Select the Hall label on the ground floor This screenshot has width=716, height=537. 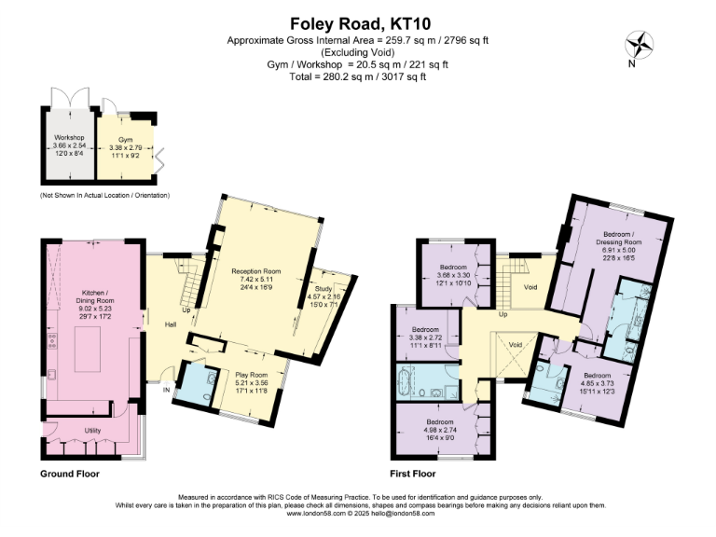171,324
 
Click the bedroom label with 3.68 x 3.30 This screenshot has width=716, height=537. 452,274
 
